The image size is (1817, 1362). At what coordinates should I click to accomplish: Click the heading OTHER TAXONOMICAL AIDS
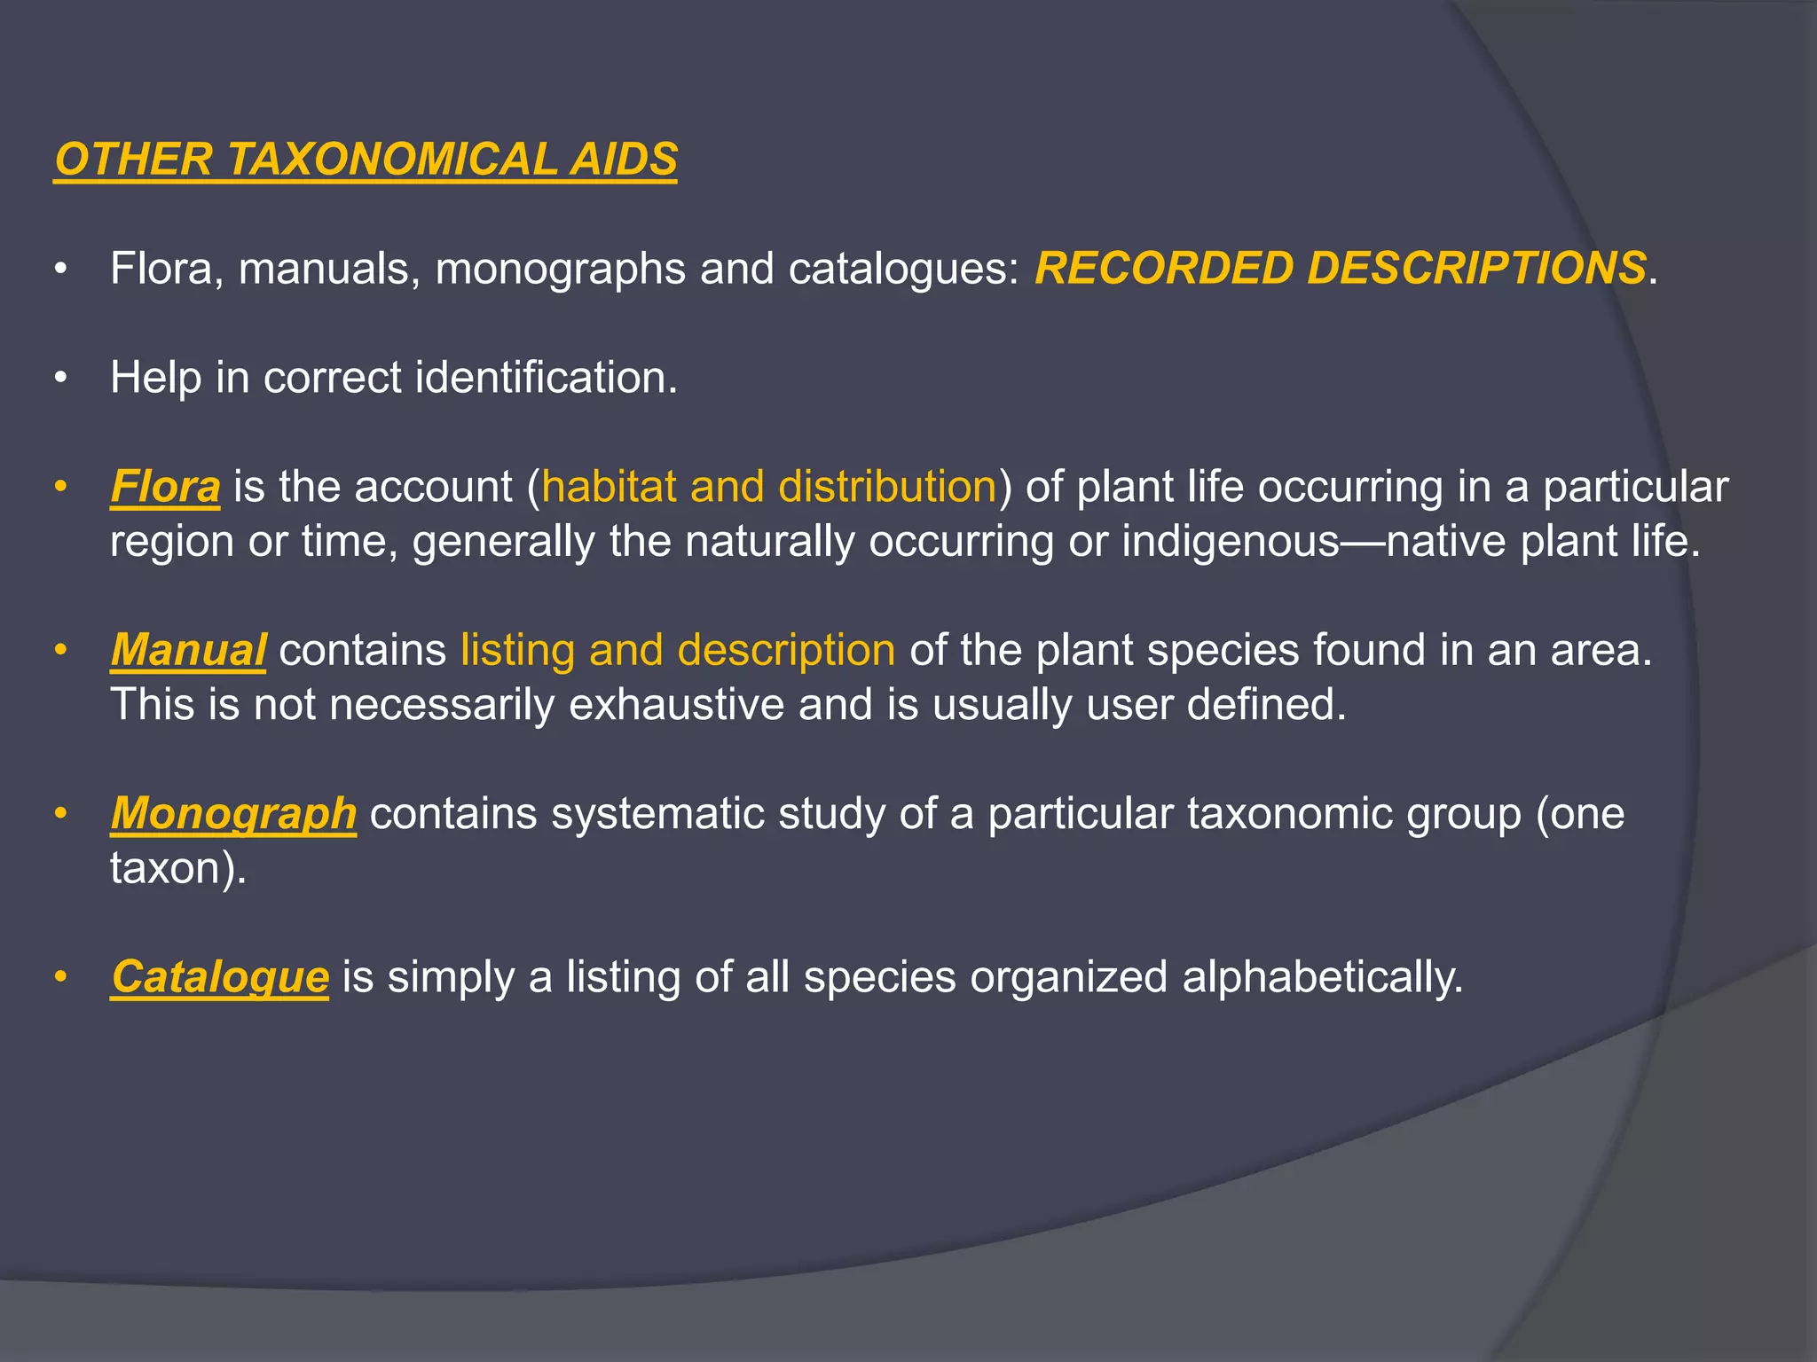[366, 160]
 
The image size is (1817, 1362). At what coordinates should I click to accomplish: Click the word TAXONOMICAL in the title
[390, 160]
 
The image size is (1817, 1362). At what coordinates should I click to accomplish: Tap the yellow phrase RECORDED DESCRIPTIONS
[1341, 268]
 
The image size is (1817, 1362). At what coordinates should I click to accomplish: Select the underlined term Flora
[165, 487]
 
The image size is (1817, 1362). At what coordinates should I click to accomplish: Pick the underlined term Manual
[188, 650]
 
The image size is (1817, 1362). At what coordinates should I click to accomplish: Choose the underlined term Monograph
[233, 813]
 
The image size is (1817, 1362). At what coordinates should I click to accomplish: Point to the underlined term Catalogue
[220, 976]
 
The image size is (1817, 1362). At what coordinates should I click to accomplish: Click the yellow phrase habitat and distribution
[769, 487]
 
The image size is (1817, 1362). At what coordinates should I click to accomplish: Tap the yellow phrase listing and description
[678, 650]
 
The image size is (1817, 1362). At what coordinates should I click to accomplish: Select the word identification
[546, 378]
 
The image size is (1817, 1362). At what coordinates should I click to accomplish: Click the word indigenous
[1231, 542]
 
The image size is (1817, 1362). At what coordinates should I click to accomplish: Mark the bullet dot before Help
[60, 378]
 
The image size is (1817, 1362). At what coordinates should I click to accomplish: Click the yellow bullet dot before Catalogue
[60, 977]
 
